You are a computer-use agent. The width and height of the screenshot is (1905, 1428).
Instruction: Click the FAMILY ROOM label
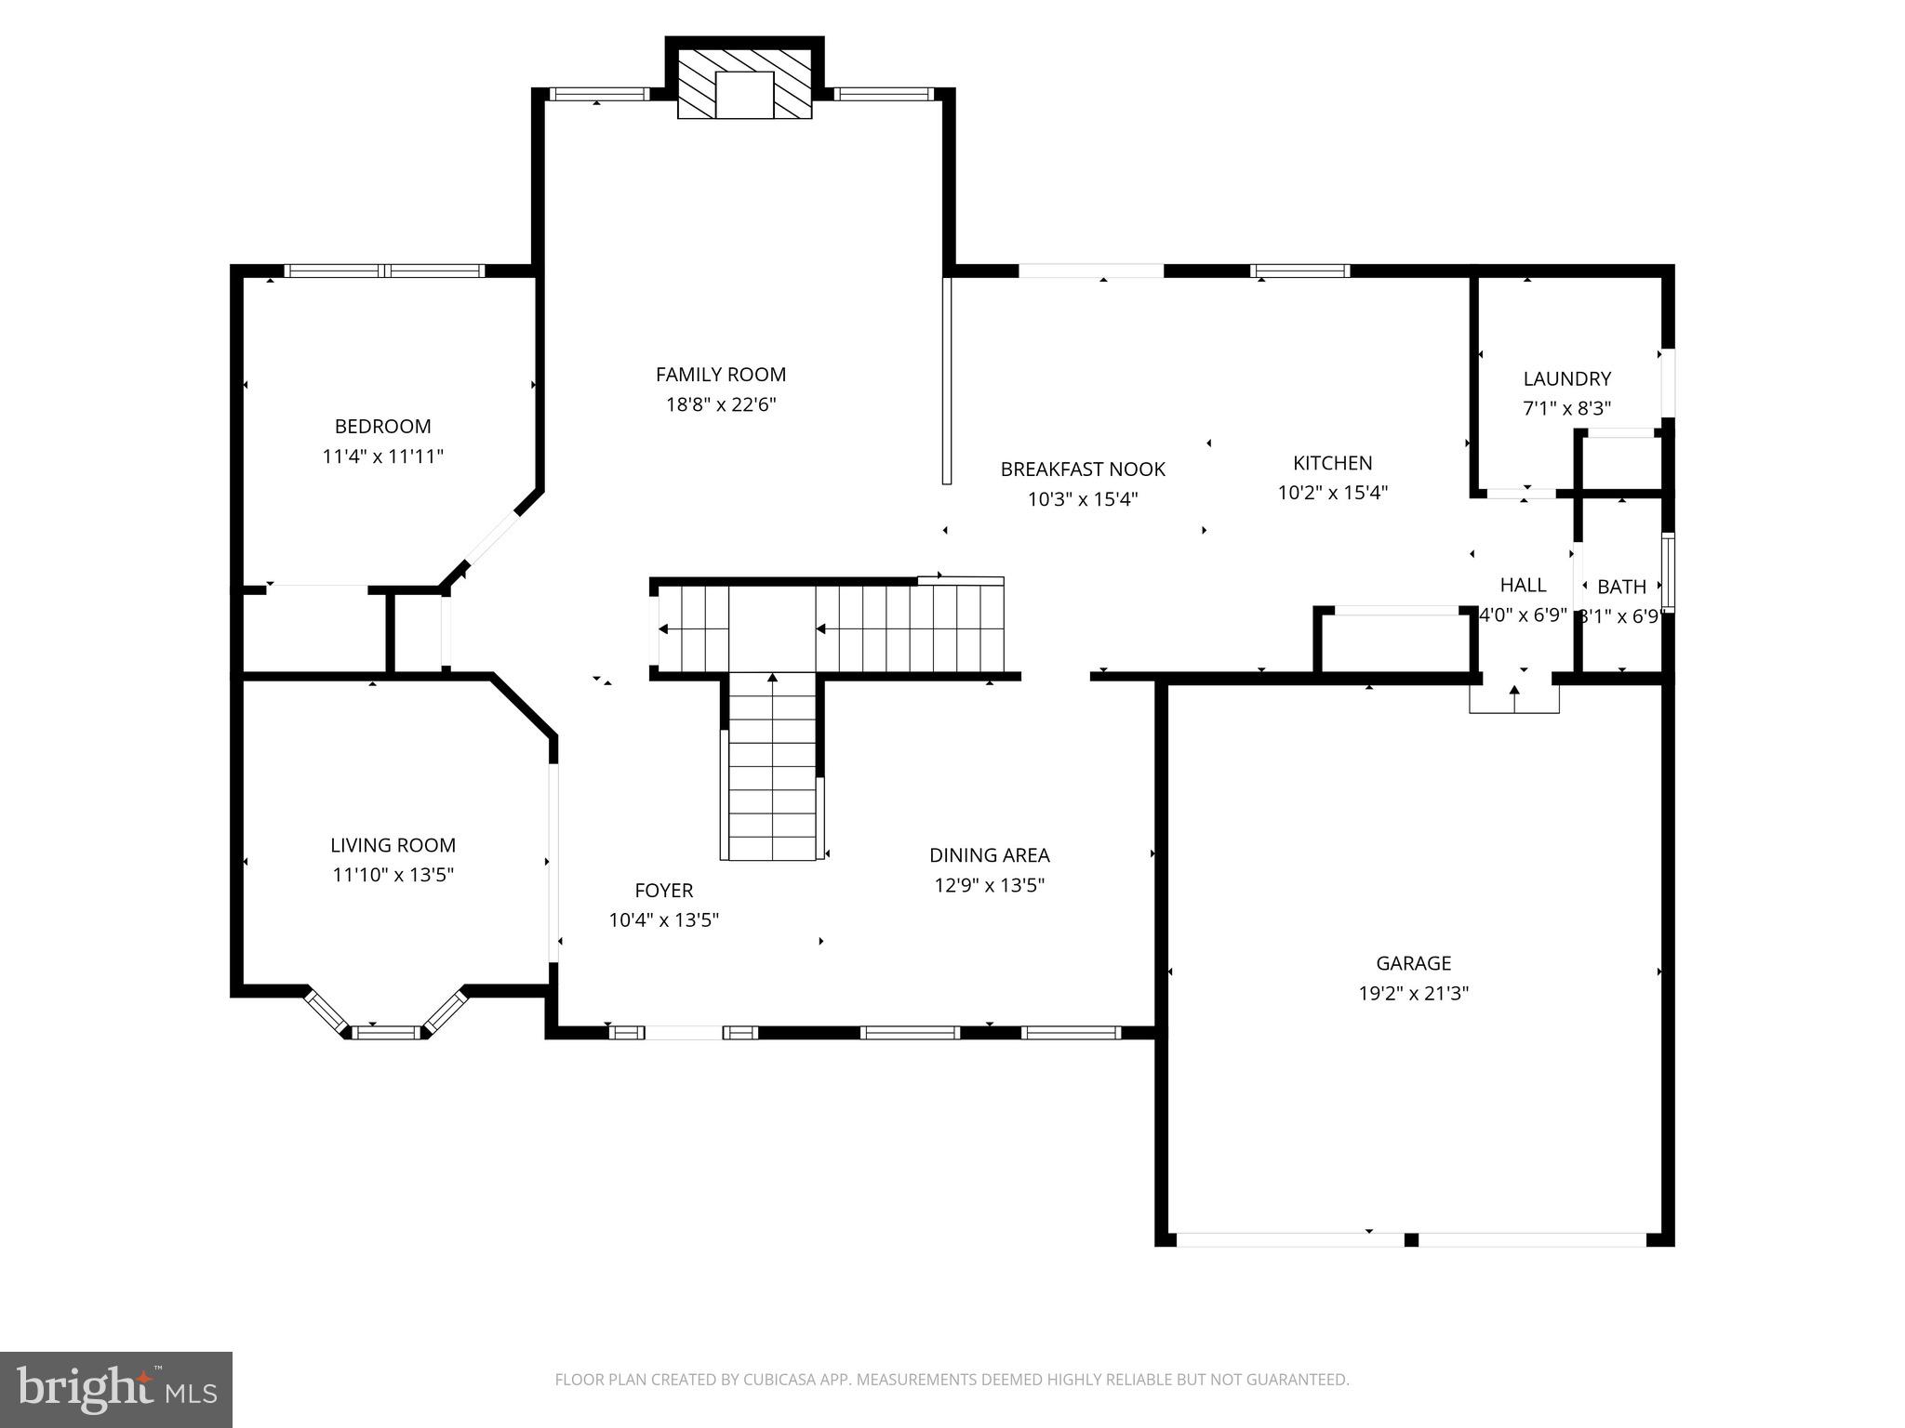(x=720, y=375)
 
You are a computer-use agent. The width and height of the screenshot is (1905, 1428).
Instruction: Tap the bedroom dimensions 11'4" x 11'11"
(x=382, y=456)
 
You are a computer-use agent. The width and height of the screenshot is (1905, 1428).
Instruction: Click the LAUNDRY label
(x=1566, y=378)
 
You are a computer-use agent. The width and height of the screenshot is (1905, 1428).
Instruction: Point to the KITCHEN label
(x=1332, y=463)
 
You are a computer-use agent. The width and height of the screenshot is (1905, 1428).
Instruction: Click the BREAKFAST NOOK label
(x=1083, y=469)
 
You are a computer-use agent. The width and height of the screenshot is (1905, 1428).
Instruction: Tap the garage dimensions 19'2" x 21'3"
(x=1413, y=993)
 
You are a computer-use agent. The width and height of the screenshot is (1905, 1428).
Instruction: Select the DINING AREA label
(x=989, y=855)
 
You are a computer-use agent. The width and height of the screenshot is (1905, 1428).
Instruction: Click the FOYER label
(x=663, y=891)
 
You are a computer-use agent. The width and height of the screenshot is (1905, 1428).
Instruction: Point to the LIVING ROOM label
(x=393, y=845)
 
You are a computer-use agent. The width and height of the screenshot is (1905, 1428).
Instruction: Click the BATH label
(x=1621, y=587)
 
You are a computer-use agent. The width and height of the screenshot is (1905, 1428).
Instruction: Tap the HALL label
(x=1523, y=585)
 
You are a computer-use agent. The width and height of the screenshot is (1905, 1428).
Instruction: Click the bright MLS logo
(x=116, y=1389)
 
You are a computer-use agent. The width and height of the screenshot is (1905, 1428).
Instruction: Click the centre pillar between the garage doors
(x=1411, y=1239)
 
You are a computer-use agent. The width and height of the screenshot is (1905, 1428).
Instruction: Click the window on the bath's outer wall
(x=1668, y=572)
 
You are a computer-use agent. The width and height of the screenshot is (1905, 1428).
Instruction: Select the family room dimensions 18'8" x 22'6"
(x=720, y=404)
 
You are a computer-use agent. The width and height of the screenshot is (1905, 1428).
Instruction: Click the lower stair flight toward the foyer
(x=772, y=767)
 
